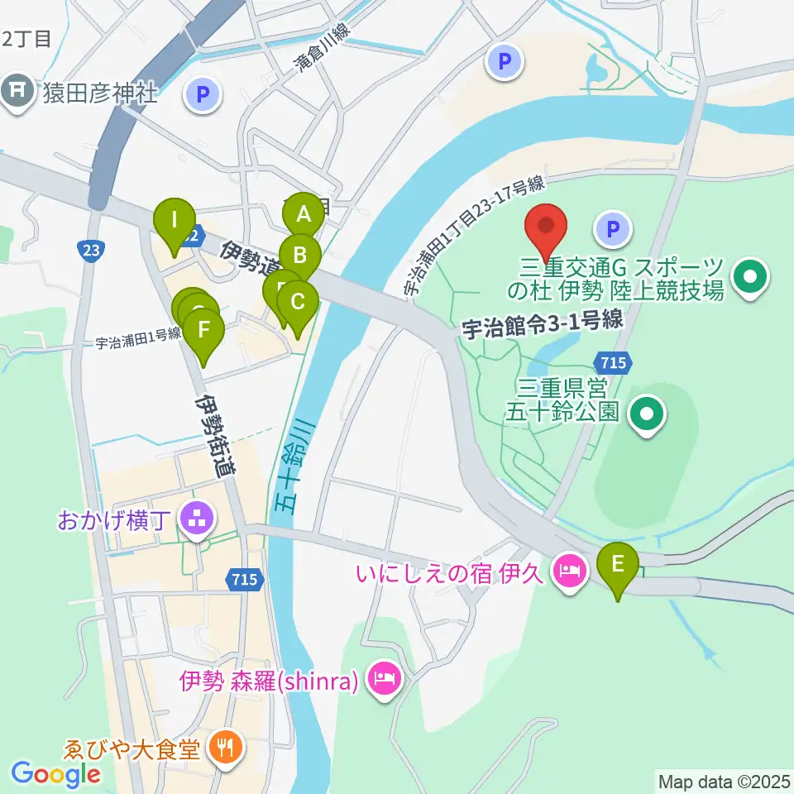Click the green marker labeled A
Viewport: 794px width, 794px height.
coord(303,215)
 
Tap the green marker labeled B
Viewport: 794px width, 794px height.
coord(299,255)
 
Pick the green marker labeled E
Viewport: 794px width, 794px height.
coord(618,564)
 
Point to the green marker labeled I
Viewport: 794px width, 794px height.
coord(174,220)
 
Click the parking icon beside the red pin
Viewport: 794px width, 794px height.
coord(614,229)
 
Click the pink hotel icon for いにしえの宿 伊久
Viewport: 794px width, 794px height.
coord(569,569)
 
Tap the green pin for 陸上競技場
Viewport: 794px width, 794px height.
coord(751,278)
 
